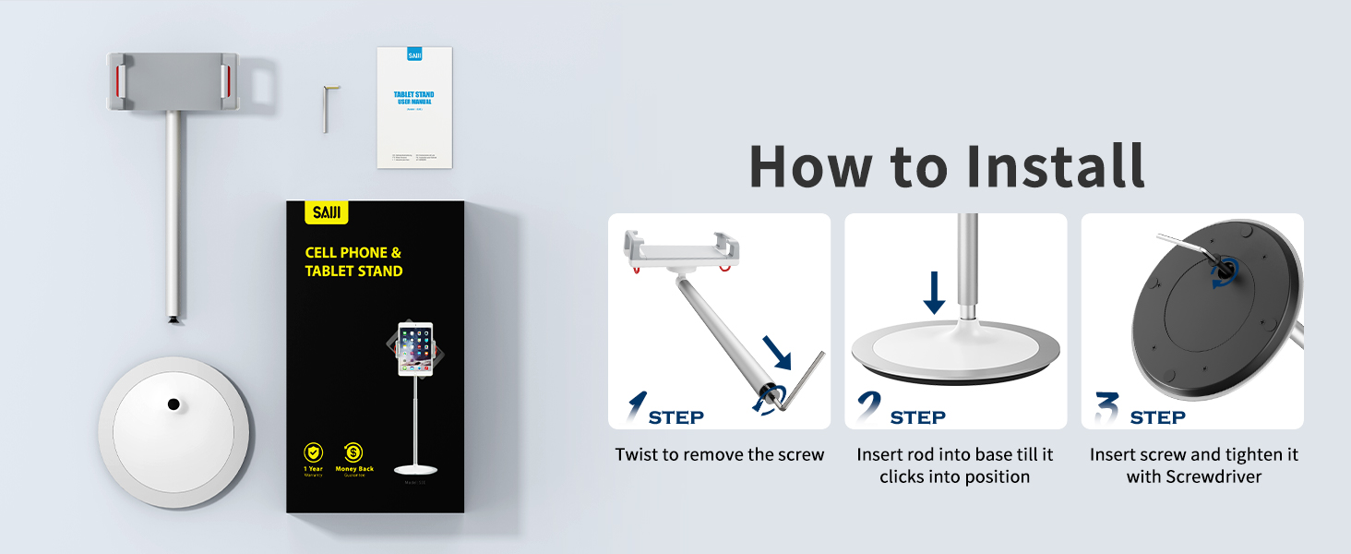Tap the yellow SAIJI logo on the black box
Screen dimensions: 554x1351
pyautogui.click(x=327, y=213)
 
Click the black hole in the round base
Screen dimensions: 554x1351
pyautogui.click(x=173, y=403)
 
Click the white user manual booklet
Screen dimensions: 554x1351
pyautogui.click(x=414, y=108)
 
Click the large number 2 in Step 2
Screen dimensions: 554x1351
pyautogui.click(x=868, y=408)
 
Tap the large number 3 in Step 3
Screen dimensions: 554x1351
pyautogui.click(x=1106, y=408)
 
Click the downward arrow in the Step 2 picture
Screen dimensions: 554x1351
pyautogui.click(x=935, y=294)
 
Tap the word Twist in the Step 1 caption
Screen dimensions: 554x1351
pyautogui.click(x=637, y=455)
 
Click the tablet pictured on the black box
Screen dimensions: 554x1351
pyautogui.click(x=415, y=349)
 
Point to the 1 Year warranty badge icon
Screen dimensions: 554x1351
pyautogui.click(x=314, y=452)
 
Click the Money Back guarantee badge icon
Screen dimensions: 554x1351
pyautogui.click(x=353, y=452)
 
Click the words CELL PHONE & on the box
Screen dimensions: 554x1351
pyautogui.click(x=353, y=252)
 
